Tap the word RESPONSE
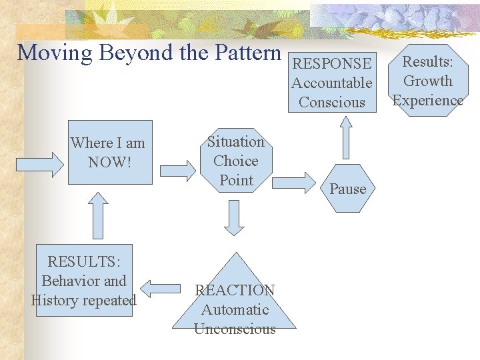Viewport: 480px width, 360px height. click(x=332, y=64)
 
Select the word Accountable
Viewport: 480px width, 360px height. click(x=332, y=83)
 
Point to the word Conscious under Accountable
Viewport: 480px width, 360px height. click(x=332, y=103)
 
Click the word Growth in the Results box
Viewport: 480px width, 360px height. click(x=428, y=81)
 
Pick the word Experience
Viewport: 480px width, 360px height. click(x=428, y=101)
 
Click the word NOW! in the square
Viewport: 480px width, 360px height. click(x=107, y=163)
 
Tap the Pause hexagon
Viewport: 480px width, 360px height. click(x=348, y=189)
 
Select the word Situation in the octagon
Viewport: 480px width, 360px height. click(x=236, y=141)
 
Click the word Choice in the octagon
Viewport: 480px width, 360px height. click(x=236, y=161)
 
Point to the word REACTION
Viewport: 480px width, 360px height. click(x=235, y=290)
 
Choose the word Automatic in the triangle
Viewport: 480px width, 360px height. click(x=235, y=309)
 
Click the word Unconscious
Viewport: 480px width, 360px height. click(x=235, y=329)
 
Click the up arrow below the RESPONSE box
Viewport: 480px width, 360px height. click(x=345, y=138)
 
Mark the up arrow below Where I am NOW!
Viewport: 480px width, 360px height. click(x=98, y=215)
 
